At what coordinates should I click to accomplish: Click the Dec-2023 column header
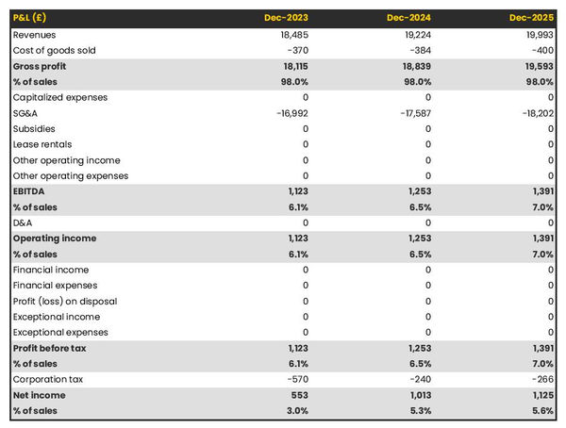287,18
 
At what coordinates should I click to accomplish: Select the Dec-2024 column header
408,18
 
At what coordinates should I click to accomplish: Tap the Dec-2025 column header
533,18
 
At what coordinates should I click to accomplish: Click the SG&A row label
26,113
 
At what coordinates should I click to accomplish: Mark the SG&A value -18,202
534,113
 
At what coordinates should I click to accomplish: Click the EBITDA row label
31,191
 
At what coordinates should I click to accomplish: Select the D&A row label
24,222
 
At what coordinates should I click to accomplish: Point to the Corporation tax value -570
295,380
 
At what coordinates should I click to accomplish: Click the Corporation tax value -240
418,380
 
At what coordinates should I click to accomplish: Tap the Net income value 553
298,396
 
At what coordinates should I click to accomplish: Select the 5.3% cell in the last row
417,411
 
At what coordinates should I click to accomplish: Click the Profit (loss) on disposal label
65,302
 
